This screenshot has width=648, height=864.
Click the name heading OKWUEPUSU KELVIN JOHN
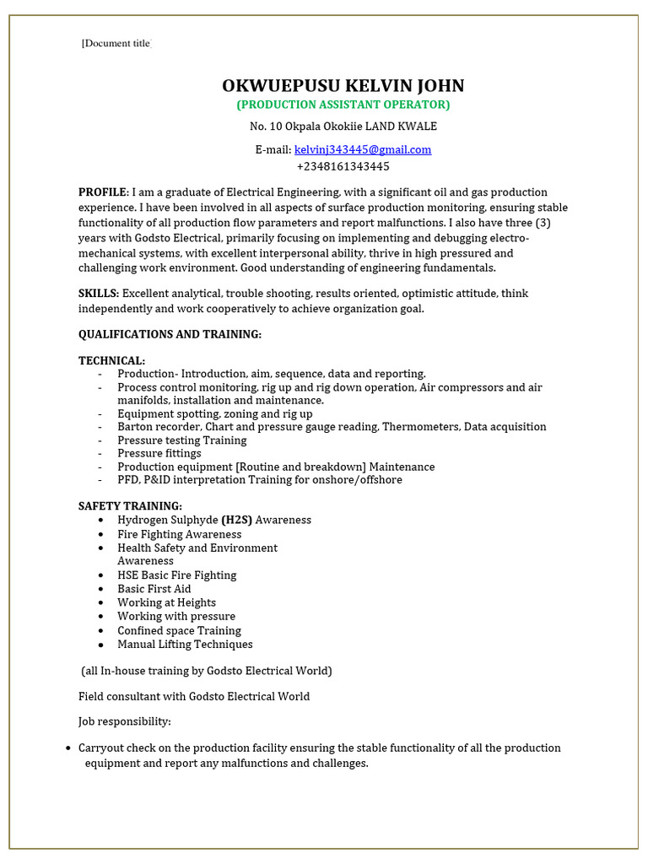click(x=343, y=86)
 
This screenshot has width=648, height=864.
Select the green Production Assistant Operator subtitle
click(x=343, y=105)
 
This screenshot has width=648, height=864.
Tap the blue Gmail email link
click(x=363, y=149)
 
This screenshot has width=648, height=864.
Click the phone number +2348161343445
click(x=343, y=166)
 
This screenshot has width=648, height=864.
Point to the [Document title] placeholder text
click(x=116, y=44)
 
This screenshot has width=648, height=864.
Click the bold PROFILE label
click(x=103, y=192)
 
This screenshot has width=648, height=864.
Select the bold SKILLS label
click(x=99, y=294)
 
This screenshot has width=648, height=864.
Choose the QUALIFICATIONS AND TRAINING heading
click(x=170, y=334)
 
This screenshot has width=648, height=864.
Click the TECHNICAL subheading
click(x=111, y=360)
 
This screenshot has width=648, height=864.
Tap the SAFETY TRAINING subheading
click(x=130, y=506)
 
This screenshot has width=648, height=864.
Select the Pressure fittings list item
click(x=159, y=453)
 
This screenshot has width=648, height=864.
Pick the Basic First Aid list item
click(x=154, y=589)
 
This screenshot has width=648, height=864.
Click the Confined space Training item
click(x=179, y=630)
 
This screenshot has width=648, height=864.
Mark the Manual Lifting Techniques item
click(x=185, y=644)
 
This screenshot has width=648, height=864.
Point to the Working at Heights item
click(x=166, y=602)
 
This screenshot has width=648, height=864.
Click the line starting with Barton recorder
click(x=332, y=427)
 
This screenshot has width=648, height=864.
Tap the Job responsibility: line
click(x=125, y=721)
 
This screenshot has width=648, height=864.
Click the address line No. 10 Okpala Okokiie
click(x=343, y=127)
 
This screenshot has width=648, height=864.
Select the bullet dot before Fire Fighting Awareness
click(x=101, y=535)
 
